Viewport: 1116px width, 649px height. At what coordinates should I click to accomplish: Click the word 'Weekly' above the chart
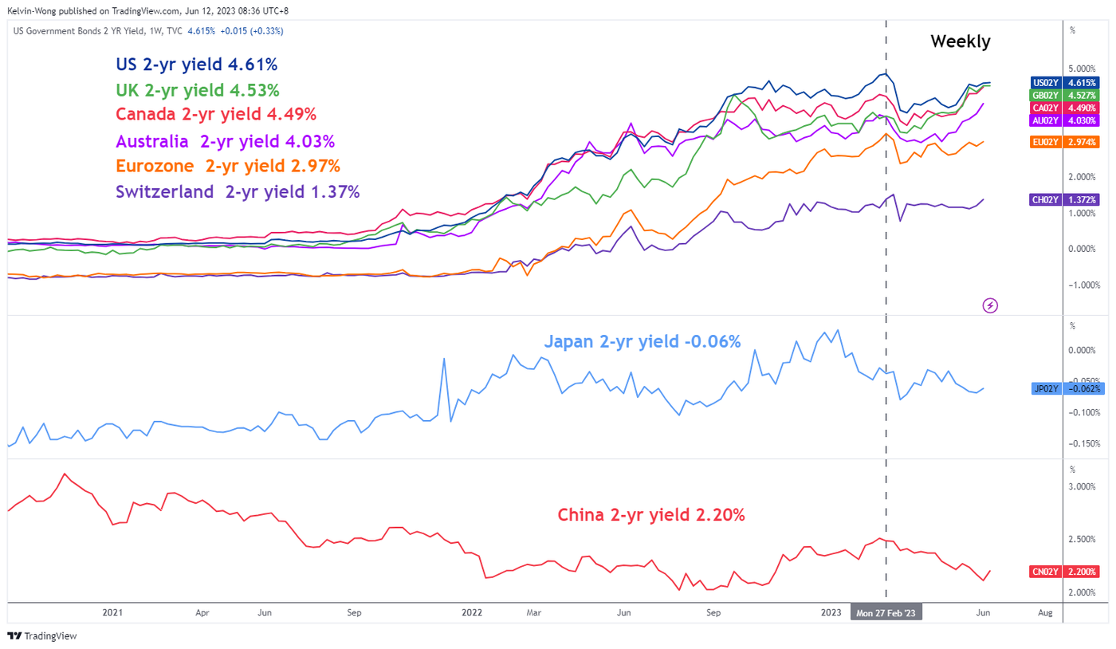[960, 41]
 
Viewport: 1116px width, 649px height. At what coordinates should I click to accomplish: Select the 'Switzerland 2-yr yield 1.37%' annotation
[238, 191]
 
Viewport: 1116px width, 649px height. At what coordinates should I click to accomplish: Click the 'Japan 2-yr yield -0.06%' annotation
[642, 342]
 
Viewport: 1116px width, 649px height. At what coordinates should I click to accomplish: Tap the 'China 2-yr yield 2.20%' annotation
[651, 515]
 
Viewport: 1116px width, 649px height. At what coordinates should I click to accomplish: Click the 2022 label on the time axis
[472, 612]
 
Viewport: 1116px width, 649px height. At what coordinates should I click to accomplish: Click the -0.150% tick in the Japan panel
[1084, 443]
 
